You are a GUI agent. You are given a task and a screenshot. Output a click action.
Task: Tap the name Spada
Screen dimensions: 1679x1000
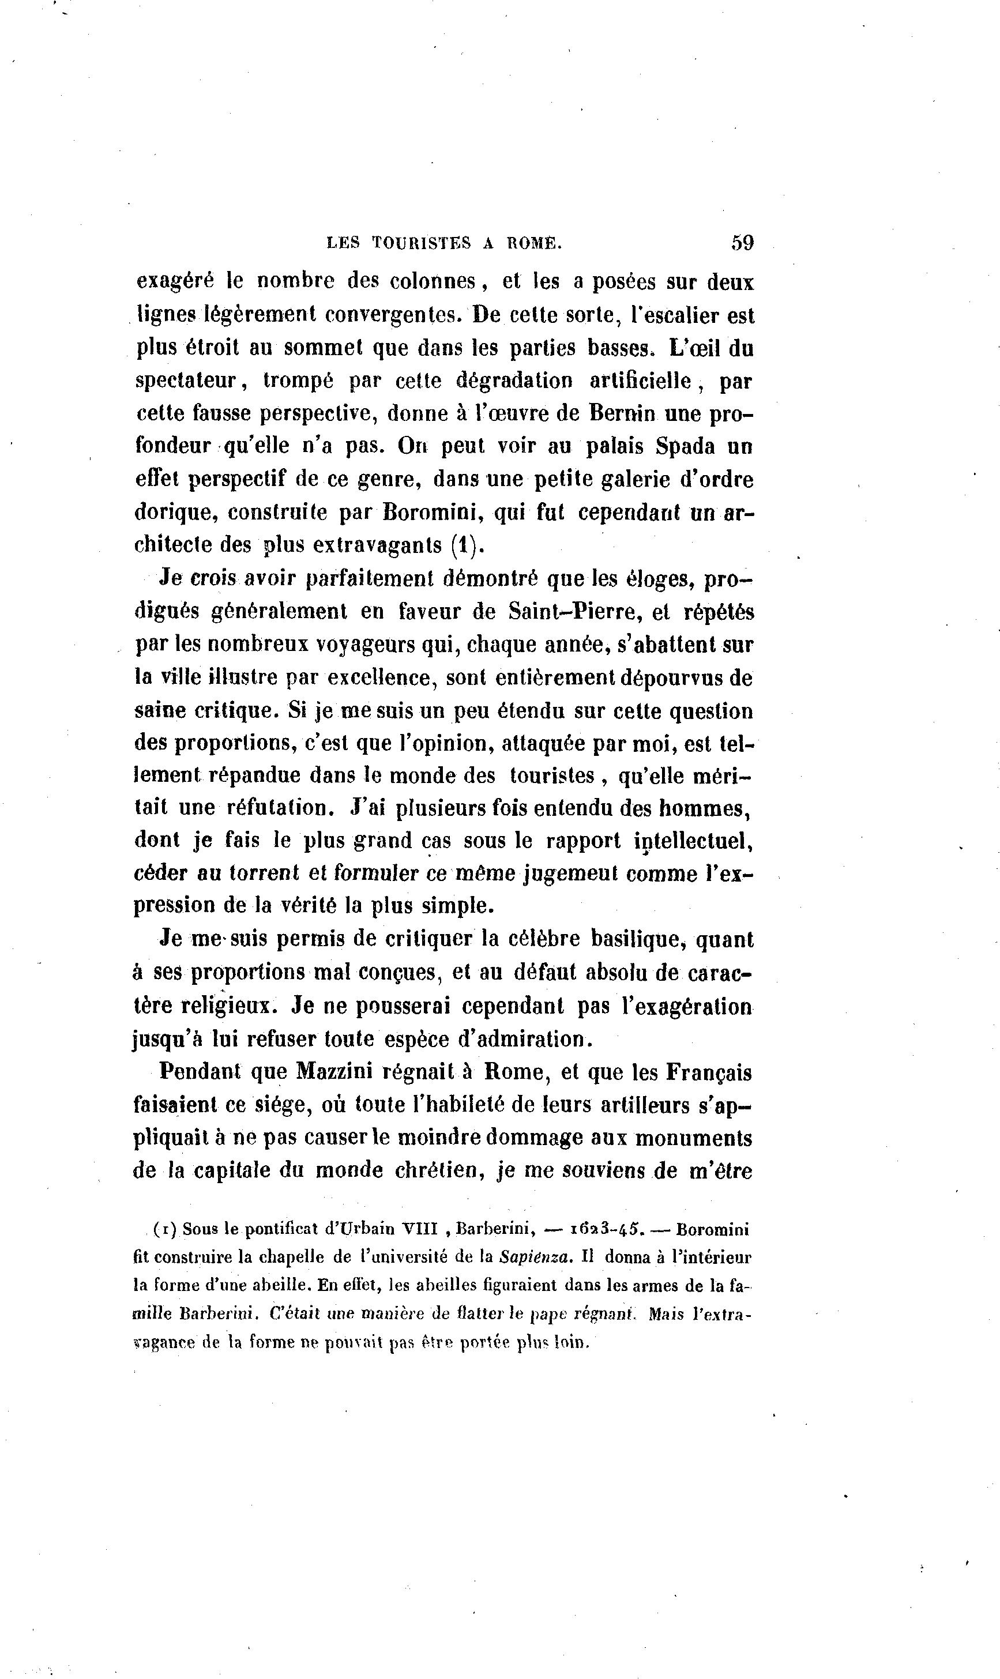click(667, 446)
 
